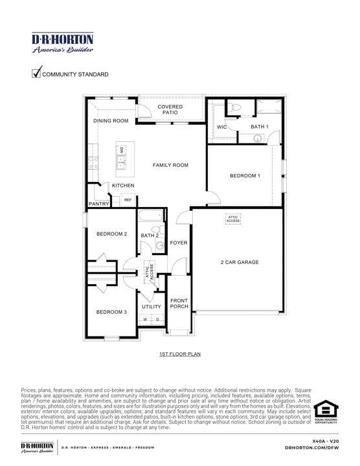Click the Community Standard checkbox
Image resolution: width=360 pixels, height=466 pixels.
point(36,73)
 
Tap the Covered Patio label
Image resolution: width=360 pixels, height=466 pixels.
point(170,109)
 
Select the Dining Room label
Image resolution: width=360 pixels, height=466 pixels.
point(111,120)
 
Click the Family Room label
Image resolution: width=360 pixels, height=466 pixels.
point(170,166)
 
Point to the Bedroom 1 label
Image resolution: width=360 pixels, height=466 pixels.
point(245,176)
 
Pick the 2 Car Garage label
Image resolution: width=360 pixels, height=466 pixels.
point(240,262)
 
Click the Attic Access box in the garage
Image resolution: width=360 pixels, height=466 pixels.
point(233,219)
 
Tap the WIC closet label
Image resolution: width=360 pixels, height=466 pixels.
point(221,128)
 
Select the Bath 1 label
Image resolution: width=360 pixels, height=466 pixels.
point(260,127)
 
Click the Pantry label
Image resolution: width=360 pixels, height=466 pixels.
point(98,204)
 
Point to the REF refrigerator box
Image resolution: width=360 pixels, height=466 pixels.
point(128,200)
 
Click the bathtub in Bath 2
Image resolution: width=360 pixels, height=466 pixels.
point(154,217)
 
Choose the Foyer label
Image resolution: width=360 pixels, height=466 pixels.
point(179,243)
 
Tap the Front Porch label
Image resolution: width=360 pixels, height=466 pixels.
point(179,304)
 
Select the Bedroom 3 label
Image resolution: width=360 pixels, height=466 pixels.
point(111,313)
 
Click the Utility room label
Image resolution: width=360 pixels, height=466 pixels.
point(152,307)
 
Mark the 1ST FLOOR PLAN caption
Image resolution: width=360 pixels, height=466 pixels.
point(180,355)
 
